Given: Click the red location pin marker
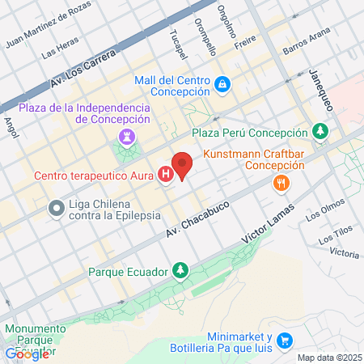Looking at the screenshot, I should point(183,164).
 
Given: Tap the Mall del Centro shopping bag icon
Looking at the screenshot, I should point(222,83).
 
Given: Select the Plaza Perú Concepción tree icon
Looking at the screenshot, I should point(320,132).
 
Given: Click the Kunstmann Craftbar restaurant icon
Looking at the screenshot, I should point(281,184).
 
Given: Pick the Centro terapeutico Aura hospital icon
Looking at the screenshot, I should point(166,174).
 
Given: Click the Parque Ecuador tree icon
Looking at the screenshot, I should point(183,270).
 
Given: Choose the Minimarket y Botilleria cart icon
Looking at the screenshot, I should point(283,341).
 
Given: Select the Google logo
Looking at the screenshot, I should point(27,353).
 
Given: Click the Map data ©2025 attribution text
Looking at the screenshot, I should point(328,357).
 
